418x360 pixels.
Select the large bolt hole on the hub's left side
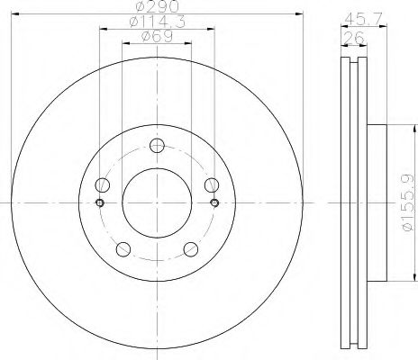102,185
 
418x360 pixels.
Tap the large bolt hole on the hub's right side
212,185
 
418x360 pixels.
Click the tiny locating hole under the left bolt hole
100,202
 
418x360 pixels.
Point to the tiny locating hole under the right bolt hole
214,202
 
